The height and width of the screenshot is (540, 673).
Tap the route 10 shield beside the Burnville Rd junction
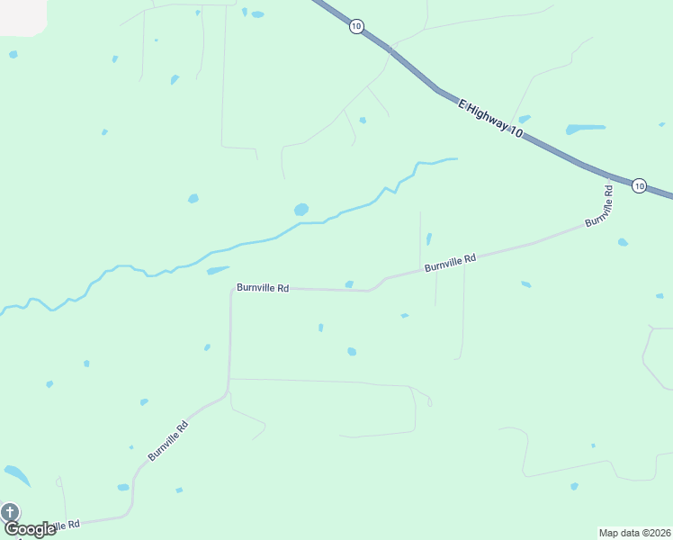click(x=639, y=185)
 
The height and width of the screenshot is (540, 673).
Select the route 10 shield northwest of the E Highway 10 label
click(x=356, y=27)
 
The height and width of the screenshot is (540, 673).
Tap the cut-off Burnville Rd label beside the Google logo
click(x=67, y=524)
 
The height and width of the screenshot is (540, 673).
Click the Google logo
click(x=30, y=529)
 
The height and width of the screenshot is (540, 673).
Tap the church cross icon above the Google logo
click(x=10, y=512)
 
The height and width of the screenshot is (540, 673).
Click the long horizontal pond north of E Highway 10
click(x=585, y=129)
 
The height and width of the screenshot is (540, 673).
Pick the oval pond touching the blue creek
click(x=301, y=209)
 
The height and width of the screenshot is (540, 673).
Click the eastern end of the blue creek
click(x=455, y=159)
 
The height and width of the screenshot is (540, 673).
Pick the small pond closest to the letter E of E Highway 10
click(x=525, y=118)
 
